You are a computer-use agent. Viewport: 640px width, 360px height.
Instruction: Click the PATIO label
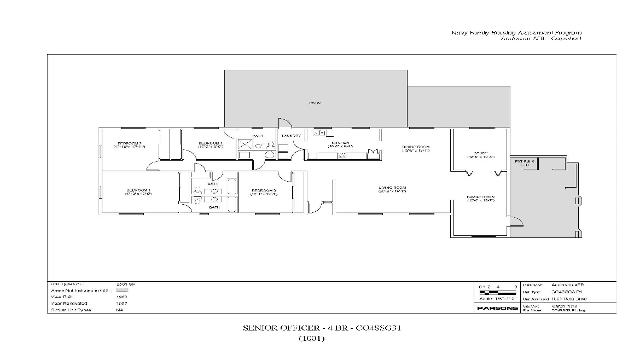pyautogui.click(x=315, y=102)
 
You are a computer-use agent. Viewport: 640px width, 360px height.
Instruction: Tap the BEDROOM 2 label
pyautogui.click(x=130, y=144)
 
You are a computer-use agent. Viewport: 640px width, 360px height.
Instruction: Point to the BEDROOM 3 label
pyautogui.click(x=264, y=191)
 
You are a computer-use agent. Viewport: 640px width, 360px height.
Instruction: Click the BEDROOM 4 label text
pyautogui.click(x=210, y=144)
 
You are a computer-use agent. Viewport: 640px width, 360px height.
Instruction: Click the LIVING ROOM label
pyautogui.click(x=392, y=189)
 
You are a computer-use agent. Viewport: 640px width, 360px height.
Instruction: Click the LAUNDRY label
pyautogui.click(x=291, y=136)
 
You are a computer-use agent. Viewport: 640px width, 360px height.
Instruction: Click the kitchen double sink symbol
pyautogui.click(x=319, y=133)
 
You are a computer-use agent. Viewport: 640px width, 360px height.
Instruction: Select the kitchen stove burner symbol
pyautogui.click(x=341, y=156)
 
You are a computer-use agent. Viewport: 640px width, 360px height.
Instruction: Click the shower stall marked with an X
pyautogui.click(x=245, y=144)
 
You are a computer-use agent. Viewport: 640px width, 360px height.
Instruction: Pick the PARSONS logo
pyautogui.click(x=497, y=308)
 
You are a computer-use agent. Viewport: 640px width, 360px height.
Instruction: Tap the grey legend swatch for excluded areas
pyautogui.click(x=121, y=290)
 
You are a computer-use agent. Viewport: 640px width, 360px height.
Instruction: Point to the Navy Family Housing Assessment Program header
pyautogui.click(x=516, y=33)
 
